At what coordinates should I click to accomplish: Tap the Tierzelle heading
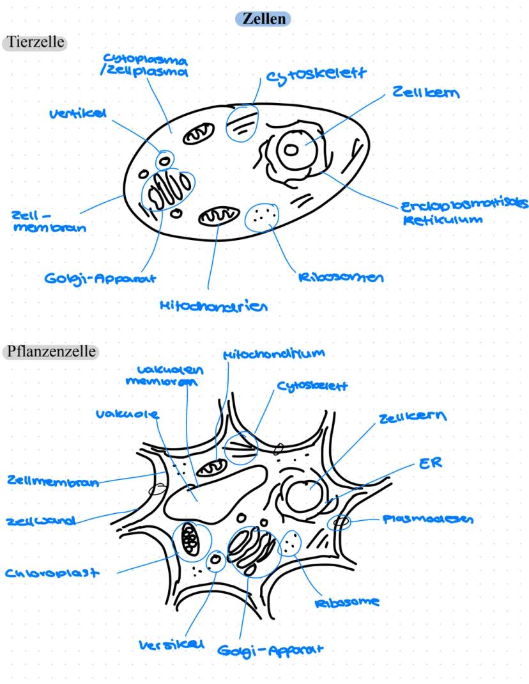(37, 42)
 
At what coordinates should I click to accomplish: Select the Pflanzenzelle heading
(50, 352)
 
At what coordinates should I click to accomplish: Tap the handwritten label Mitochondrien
(213, 306)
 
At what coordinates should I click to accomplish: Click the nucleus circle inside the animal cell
(291, 151)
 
